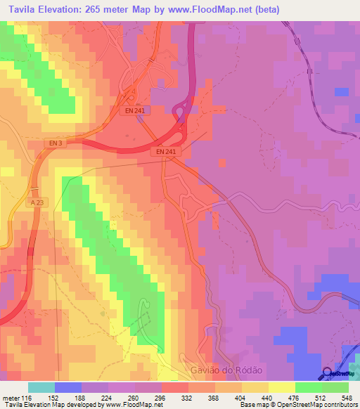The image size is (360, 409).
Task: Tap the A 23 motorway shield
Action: coord(37,202)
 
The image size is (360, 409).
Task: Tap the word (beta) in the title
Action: coord(266,10)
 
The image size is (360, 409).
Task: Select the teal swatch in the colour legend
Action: coord(41,388)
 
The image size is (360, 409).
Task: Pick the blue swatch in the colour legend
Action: coord(67,388)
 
